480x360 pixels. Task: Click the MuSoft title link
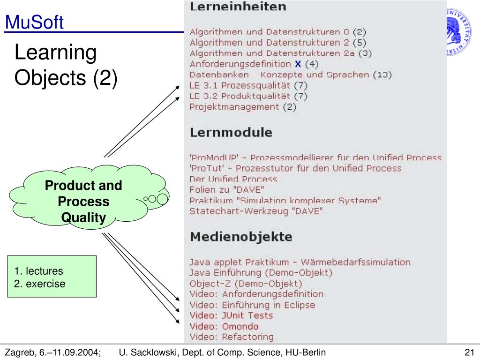tap(34, 22)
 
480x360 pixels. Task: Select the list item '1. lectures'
tap(38, 271)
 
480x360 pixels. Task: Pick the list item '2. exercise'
tap(40, 284)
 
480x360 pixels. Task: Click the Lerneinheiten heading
tap(238, 7)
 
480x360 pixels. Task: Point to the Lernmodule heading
tap(231, 132)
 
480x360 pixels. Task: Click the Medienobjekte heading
tap(240, 237)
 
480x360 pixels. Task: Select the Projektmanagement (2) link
tap(243, 107)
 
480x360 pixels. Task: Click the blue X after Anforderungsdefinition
tap(298, 64)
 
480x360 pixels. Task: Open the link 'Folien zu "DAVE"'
tap(227, 190)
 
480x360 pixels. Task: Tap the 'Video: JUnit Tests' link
tap(231, 315)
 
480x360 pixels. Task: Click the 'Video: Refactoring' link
tap(231, 337)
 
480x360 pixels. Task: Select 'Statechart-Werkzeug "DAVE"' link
tap(256, 211)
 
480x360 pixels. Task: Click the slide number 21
tap(470, 352)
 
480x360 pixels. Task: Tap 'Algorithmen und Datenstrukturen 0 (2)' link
tap(277, 32)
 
